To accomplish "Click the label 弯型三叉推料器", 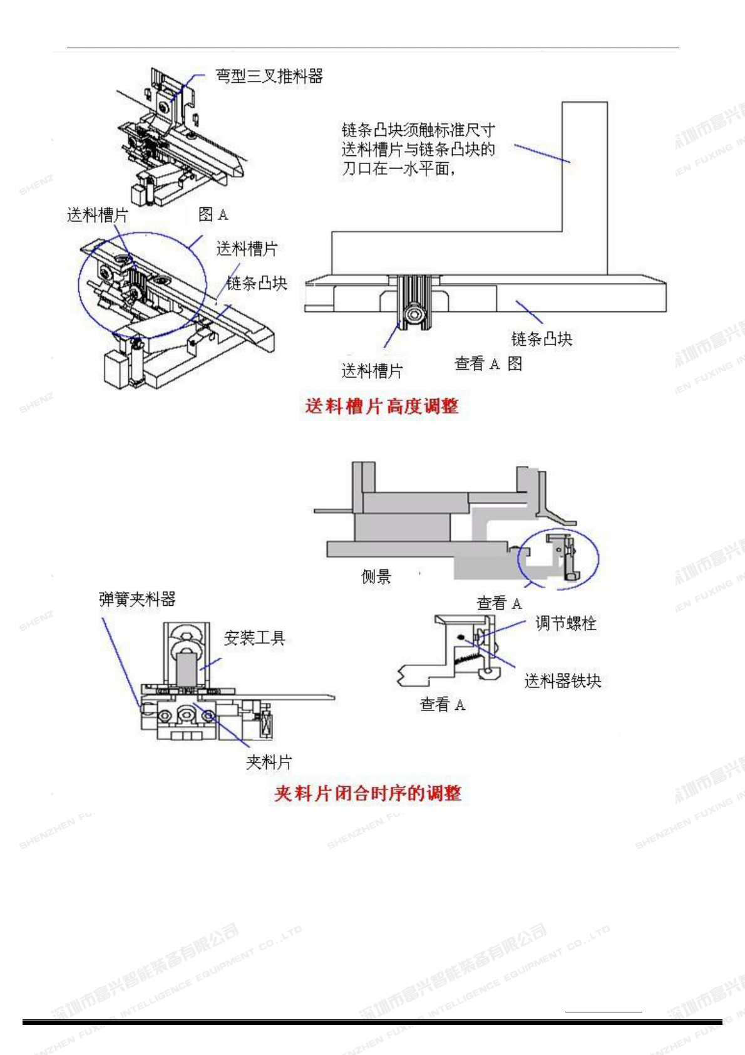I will (x=269, y=76).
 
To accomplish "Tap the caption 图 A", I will (x=213, y=215).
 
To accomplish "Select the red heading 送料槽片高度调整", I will (x=382, y=407).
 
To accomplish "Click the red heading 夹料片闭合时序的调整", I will (x=367, y=794).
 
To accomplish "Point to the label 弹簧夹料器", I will (x=137, y=600).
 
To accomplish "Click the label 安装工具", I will (x=254, y=638).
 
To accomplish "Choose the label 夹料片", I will (x=269, y=762).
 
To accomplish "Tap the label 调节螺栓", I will (x=565, y=623).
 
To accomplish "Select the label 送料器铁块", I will (x=562, y=681).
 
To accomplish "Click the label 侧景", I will (x=376, y=576).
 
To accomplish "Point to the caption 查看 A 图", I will (x=488, y=364).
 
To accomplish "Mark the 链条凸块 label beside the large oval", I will (x=257, y=283).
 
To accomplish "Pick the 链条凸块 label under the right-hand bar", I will (x=542, y=340).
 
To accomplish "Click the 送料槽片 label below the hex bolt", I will (x=372, y=371).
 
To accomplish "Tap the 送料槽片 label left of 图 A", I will (x=97, y=216).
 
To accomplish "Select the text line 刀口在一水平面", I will (x=398, y=169).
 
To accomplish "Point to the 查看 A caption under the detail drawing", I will (x=442, y=705).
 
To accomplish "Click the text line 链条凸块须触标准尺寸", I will (x=418, y=130).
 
